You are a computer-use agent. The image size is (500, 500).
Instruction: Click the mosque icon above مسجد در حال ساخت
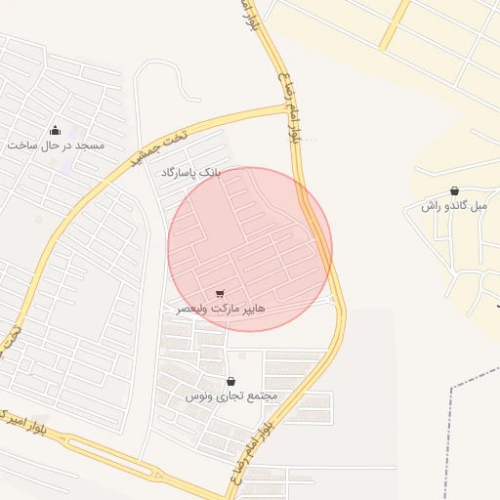pos(55,130)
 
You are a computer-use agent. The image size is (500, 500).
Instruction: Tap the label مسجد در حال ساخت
pos(55,146)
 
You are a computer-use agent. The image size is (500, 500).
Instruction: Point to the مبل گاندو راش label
pos(454,206)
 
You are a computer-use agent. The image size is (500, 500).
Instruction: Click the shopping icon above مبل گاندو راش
pos(454,191)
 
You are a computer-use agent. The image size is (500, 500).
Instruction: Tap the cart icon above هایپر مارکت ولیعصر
pos(220,293)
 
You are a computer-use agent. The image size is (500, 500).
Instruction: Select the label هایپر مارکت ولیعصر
pos(220,308)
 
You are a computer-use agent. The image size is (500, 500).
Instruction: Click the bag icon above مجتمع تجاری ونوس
pos(231,382)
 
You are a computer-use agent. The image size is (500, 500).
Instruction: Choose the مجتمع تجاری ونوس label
pos(231,396)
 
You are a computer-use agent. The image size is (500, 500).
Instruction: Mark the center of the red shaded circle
pos(250,249)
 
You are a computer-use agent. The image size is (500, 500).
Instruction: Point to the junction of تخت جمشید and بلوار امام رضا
pos(290,106)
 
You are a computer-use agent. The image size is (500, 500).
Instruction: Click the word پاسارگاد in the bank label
pos(178,172)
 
